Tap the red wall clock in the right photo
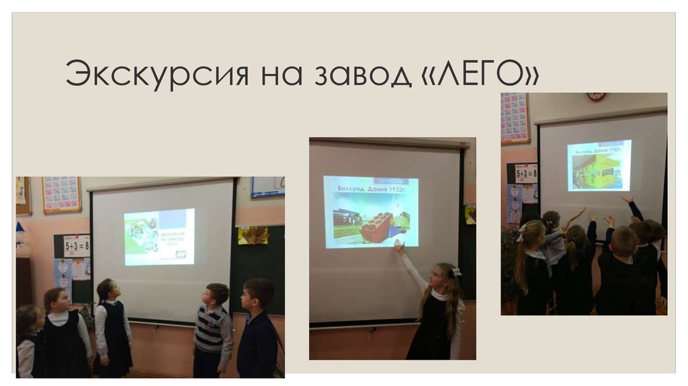pos(595,97)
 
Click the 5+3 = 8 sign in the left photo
pos(77,247)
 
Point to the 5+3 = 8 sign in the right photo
pos(526,174)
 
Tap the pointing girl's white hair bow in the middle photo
pos(457,272)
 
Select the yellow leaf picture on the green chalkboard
pos(252,235)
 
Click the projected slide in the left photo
pos(159,236)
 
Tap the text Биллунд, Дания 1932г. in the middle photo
pos(370,190)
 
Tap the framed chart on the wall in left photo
pos(61,194)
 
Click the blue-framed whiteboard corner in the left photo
pos(267,188)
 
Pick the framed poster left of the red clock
pos(515,118)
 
